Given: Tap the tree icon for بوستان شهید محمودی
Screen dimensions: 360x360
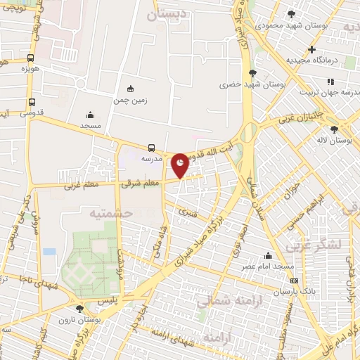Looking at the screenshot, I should tap(292, 13).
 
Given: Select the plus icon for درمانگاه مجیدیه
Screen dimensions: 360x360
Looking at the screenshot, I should tap(311, 49).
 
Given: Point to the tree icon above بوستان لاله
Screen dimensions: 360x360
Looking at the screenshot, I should tap(333, 129).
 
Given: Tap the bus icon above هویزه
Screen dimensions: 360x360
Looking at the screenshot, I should tap(30, 58).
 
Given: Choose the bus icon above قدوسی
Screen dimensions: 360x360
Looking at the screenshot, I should tap(30, 101).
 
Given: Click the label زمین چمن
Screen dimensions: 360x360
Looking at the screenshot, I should tap(130, 101).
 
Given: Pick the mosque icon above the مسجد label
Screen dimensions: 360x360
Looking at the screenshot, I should tap(90, 115).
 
